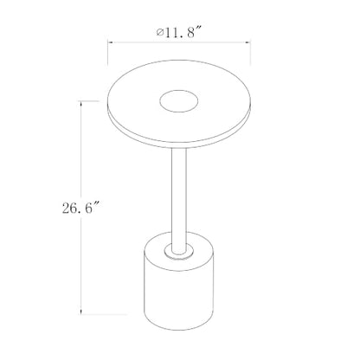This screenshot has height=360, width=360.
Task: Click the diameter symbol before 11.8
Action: [x=160, y=32]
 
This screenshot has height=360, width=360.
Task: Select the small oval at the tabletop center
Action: [x=179, y=100]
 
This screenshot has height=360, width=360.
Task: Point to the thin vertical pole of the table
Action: [x=179, y=199]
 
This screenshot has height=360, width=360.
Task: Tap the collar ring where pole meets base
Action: [x=179, y=252]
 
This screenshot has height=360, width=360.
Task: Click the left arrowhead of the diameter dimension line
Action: [x=110, y=42]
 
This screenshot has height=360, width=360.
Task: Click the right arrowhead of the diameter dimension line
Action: [x=248, y=42]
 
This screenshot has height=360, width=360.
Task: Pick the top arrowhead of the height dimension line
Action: [x=81, y=103]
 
